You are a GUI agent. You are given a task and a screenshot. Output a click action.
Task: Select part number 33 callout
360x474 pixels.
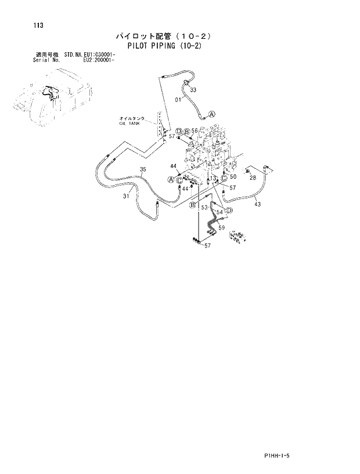point(193,90)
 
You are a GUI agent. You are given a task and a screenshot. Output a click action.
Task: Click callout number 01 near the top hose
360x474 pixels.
point(179,100)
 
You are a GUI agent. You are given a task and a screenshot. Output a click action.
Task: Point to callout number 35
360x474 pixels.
point(143,169)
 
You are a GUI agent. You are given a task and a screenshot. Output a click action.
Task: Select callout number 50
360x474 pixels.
point(233,176)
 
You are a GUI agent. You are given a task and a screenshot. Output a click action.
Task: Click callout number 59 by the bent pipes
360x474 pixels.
point(221,227)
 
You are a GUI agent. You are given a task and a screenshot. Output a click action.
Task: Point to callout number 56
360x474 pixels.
point(195,131)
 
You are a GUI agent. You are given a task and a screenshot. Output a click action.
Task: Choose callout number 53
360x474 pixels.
point(204,207)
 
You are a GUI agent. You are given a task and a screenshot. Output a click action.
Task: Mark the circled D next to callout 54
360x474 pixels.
point(229,210)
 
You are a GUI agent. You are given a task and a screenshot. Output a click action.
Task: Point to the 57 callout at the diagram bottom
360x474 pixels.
point(208,246)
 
